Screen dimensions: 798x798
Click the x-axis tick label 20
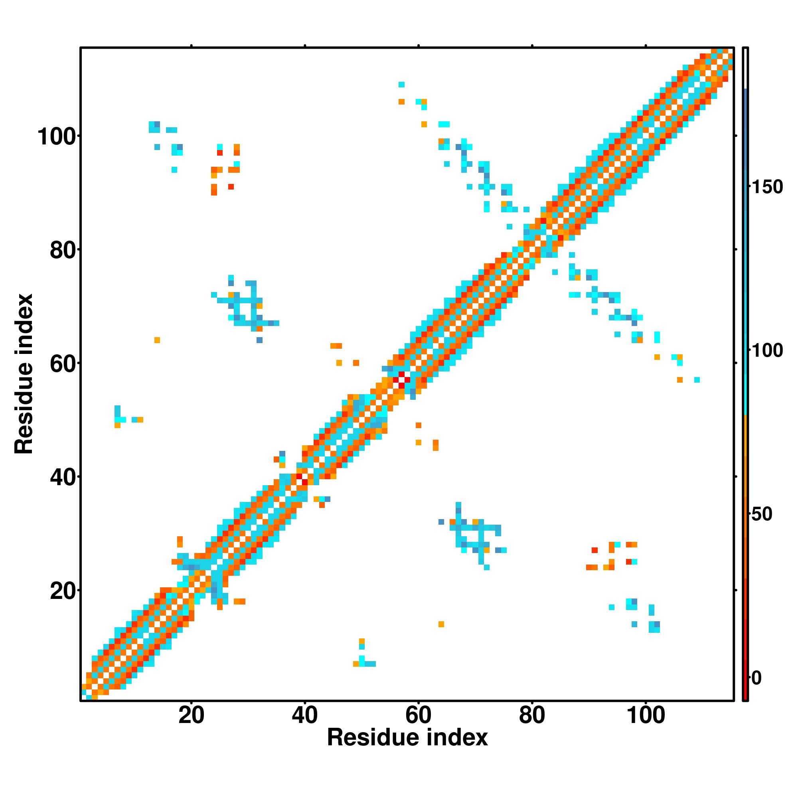191,716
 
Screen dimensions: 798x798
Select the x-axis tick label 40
305,716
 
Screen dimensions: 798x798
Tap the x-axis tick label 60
419,716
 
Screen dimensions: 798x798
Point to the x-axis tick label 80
532,716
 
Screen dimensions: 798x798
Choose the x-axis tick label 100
646,716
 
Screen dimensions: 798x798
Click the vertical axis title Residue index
24,374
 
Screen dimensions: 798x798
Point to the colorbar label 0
757,678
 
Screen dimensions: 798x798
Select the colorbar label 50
762,514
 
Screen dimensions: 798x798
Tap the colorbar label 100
767,351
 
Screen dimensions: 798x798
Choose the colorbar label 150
767,187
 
